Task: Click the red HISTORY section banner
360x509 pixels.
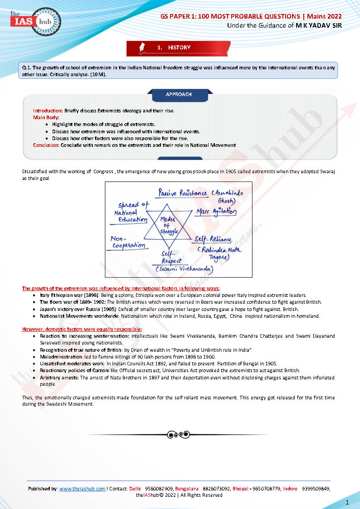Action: point(179,48)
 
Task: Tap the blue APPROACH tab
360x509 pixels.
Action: point(179,94)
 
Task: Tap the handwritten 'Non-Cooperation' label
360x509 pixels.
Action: point(128,242)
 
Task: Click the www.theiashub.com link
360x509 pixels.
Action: point(82,489)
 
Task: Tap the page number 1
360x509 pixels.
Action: point(347,502)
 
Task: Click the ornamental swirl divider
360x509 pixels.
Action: point(178,435)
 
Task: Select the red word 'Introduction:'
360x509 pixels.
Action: point(48,111)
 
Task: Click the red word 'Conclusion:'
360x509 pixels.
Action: point(46,145)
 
